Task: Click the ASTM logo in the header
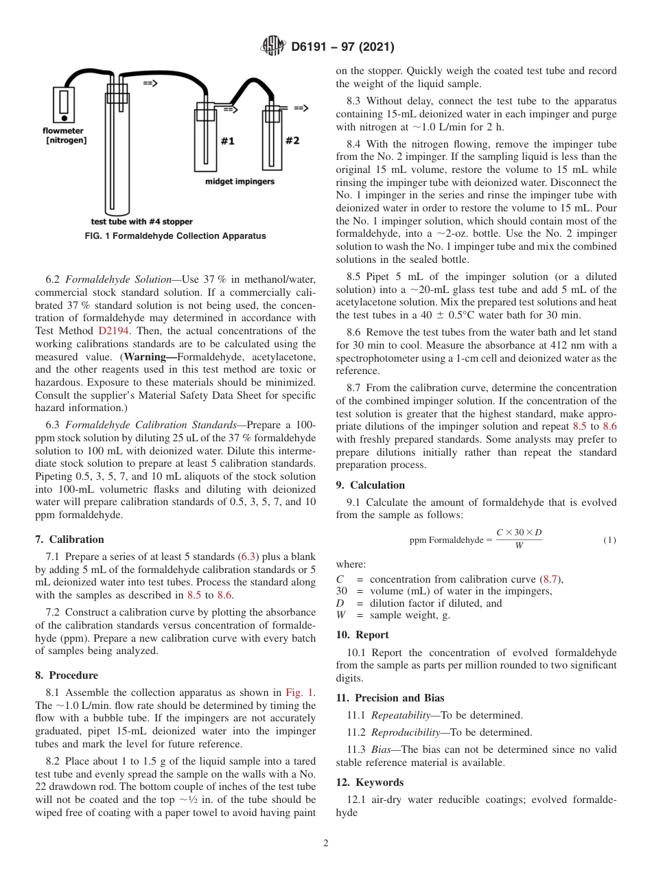click(272, 47)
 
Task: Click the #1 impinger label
click(227, 141)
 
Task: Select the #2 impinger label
click(292, 140)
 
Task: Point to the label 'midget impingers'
click(240, 181)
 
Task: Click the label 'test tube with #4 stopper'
click(141, 222)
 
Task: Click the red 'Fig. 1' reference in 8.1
click(300, 692)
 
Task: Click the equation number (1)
click(609, 540)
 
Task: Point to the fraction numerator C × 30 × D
click(519, 533)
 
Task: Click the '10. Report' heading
click(362, 635)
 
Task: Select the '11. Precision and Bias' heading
click(390, 698)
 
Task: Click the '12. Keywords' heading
click(370, 782)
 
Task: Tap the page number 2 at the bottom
click(326, 843)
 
